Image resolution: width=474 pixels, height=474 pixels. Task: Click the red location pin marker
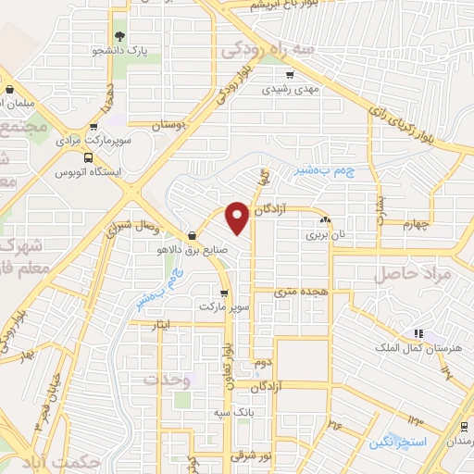coord(237,217)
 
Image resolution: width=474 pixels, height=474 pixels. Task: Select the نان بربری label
coord(325,234)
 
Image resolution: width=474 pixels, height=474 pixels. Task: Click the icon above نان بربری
coord(325,220)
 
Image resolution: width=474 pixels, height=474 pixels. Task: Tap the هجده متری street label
coord(302,291)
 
